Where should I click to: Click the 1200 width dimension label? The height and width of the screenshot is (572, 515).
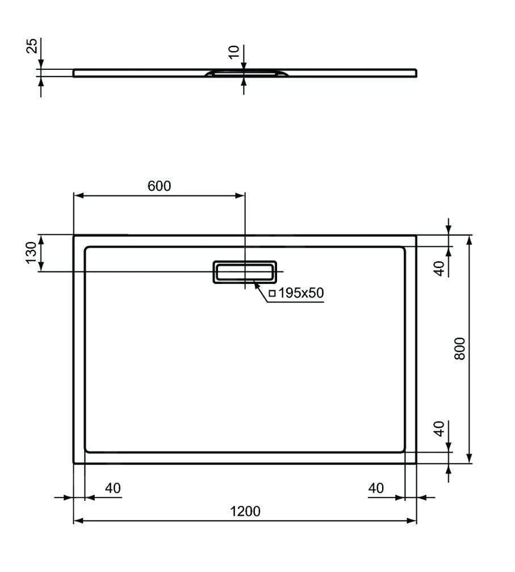[245, 511]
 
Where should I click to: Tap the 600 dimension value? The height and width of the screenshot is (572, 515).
[159, 186]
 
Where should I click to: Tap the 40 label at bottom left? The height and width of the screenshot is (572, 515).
[113, 488]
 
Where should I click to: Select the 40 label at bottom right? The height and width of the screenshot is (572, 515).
[376, 488]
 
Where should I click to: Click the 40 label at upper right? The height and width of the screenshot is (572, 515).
[439, 268]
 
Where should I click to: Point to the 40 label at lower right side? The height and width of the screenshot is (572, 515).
[439, 429]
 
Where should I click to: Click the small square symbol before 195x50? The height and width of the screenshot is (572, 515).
[272, 294]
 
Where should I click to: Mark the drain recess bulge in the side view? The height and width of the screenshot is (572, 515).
[245, 73]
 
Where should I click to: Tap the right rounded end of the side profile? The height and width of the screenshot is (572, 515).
[416, 72]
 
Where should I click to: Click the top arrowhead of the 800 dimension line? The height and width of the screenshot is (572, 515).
[469, 238]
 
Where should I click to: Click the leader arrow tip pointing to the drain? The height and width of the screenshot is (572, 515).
[255, 282]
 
